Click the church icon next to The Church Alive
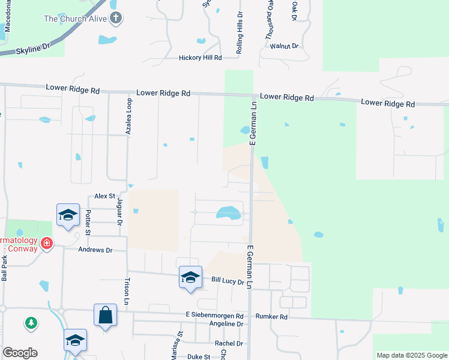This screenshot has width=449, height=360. pyautogui.click(x=116, y=19)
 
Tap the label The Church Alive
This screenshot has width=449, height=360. pyautogui.click(x=76, y=19)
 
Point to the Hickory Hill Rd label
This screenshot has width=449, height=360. pyautogui.click(x=200, y=58)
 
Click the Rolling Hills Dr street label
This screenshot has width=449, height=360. pyautogui.click(x=239, y=33)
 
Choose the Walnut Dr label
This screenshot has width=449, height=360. pyautogui.click(x=284, y=46)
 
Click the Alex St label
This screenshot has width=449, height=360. pyautogui.click(x=104, y=196)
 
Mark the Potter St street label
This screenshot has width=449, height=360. pyautogui.click(x=88, y=222)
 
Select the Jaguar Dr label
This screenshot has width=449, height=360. pyautogui.click(x=119, y=212)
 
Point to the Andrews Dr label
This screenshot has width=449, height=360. pyautogui.click(x=95, y=250)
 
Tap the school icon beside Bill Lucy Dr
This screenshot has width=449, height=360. pyautogui.click(x=190, y=277)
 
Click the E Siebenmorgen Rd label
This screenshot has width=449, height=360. pyautogui.click(x=214, y=316)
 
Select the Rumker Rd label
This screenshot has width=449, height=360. pyautogui.click(x=271, y=316)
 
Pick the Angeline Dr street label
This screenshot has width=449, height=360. pyautogui.click(x=222, y=324)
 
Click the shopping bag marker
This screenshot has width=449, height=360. pyautogui.click(x=105, y=314)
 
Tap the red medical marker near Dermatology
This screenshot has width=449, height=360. pyautogui.click(x=47, y=244)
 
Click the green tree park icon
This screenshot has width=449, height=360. pyautogui.click(x=31, y=324)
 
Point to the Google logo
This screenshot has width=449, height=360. pyautogui.click(x=20, y=353)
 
